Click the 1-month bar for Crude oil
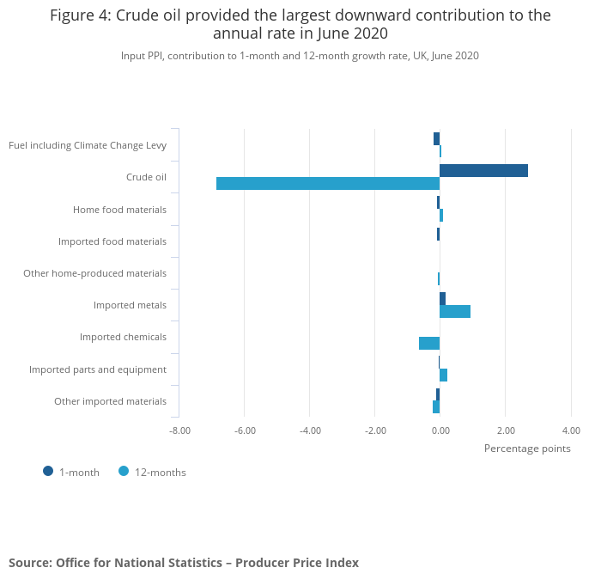coord(483,170)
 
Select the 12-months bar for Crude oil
coord(328,183)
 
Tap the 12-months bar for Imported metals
coord(455,311)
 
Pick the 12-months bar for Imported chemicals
coord(429,343)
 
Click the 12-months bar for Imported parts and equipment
coord(443,375)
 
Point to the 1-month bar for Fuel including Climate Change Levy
coord(436,138)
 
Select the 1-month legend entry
coord(72,472)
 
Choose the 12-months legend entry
coord(153,472)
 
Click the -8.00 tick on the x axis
coord(179,430)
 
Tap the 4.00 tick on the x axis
coord(570,430)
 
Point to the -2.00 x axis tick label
coord(375,430)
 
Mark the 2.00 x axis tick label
coord(505,430)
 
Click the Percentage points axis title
coord(527,448)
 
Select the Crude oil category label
coord(146,177)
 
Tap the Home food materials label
coord(119,210)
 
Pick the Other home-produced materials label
coord(94,273)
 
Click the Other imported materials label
coord(110,401)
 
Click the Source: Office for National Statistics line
coord(184,563)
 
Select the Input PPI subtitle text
coord(300,56)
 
